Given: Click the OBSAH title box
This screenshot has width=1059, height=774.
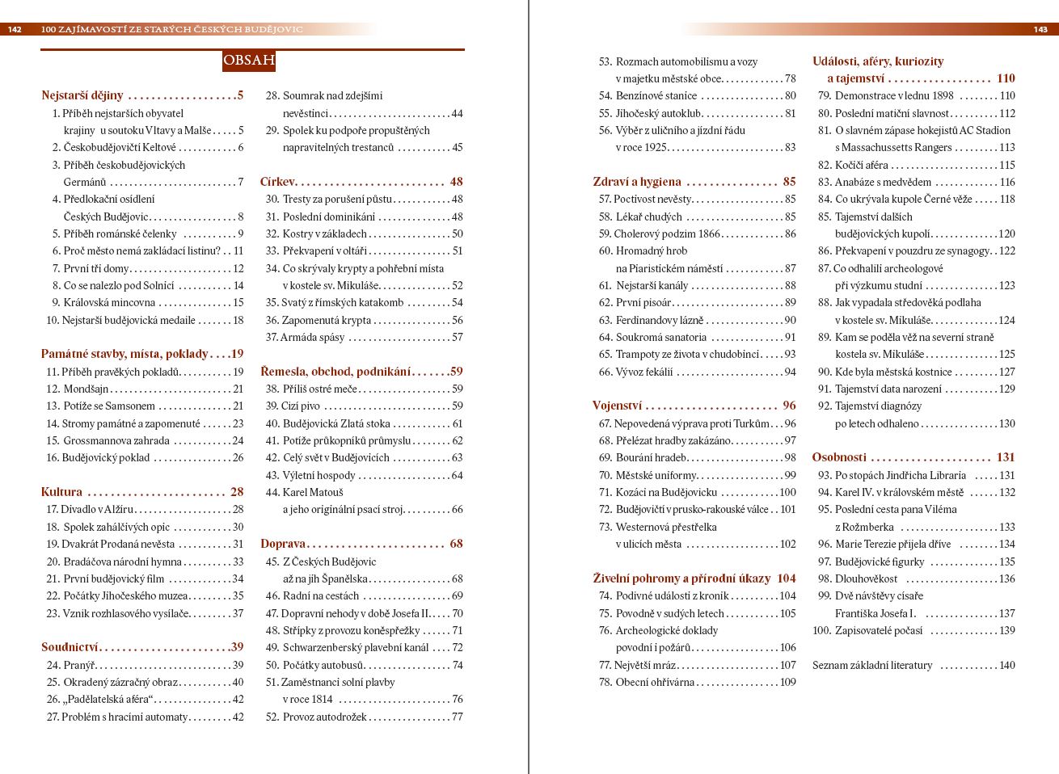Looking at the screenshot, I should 249,60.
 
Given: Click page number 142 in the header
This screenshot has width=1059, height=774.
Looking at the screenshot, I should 15,29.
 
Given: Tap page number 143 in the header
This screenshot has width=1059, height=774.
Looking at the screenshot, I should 1040,29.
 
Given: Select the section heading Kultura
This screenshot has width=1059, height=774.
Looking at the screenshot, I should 62,492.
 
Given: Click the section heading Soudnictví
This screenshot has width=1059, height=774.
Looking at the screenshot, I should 70,647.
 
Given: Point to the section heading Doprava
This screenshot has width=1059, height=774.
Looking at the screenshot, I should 282,544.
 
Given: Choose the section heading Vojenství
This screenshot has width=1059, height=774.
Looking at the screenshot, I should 617,406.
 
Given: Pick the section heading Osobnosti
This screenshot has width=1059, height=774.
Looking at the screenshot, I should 839,457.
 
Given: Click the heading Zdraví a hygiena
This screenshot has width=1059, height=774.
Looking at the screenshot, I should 637,182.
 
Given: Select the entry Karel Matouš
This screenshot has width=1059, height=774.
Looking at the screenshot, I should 313,492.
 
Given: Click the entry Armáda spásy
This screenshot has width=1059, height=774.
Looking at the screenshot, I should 312,337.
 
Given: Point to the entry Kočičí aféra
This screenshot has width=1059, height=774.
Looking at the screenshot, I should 861,165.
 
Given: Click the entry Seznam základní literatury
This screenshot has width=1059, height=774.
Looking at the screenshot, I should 872,665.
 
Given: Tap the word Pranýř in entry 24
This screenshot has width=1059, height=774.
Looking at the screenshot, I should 78,665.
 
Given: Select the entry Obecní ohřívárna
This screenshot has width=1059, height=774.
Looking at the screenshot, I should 655,682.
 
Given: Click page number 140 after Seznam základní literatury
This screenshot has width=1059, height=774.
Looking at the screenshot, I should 1006,665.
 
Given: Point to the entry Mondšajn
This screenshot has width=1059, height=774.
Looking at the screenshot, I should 86,389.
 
